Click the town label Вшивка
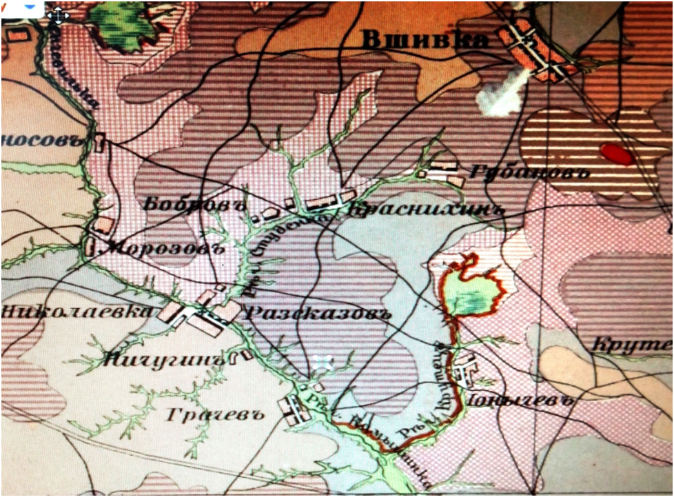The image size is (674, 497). click(425, 41)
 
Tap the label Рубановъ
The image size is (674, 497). click(529, 172)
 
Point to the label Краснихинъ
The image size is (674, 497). click(423, 210)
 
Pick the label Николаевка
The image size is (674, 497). click(76, 311)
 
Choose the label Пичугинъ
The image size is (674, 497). click(165, 359)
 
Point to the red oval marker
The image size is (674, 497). click(617, 154)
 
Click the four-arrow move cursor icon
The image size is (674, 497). click(59, 14)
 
